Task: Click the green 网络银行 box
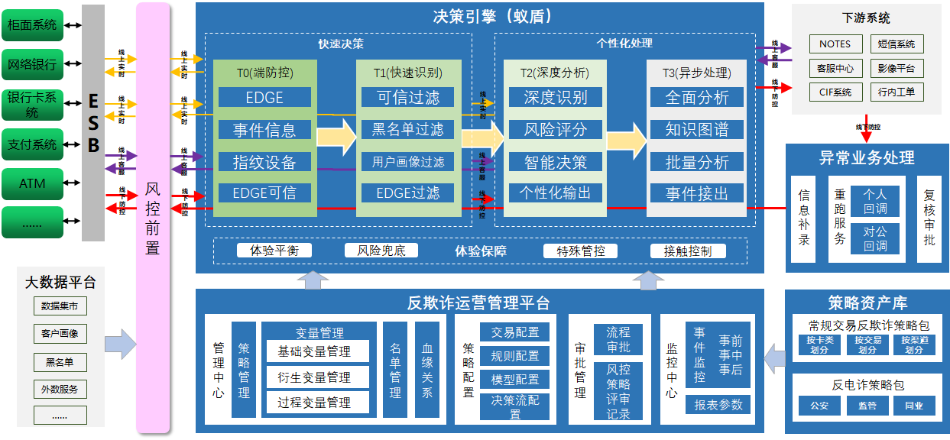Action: (32, 65)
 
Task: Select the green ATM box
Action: (32, 183)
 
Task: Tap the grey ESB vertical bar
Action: (93, 122)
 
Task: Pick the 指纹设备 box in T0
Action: (264, 162)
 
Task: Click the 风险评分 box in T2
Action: (555, 130)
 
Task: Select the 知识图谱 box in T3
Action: (697, 130)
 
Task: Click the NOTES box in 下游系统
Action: (835, 44)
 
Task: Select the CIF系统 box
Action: (835, 92)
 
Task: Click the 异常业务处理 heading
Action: (867, 158)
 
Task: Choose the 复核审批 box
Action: (929, 218)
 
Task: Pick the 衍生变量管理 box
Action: (314, 377)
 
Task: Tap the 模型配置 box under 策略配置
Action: (514, 380)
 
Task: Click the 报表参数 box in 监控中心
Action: (718, 405)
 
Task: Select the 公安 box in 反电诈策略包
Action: (819, 406)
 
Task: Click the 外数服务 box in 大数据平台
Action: (60, 389)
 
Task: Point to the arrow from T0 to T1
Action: (336, 136)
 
